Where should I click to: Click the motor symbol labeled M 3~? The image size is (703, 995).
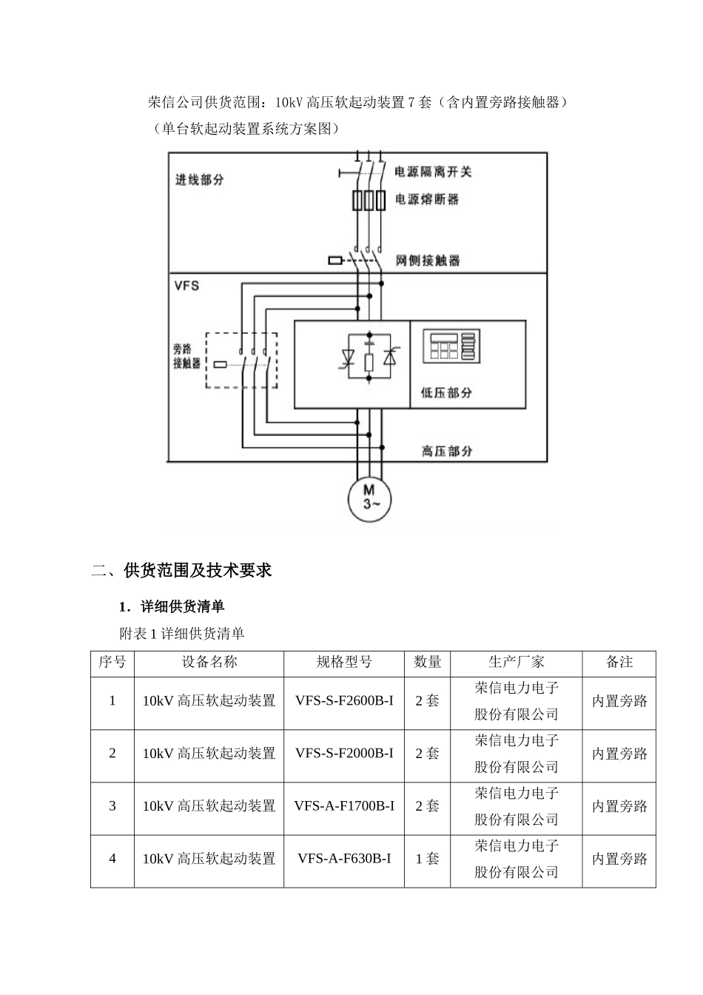pos(369,497)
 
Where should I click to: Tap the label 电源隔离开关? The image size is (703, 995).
pos(433,172)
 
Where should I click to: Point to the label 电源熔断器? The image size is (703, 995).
pos(427,199)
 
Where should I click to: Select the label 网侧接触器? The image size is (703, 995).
pos(428,261)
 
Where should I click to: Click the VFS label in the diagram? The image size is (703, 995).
pos(186,285)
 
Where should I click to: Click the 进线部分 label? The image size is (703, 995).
pos(200,179)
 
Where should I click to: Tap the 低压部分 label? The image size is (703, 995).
pos(446,392)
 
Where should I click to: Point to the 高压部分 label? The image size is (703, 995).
pos(447,450)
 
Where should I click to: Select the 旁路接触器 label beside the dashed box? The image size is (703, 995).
pos(187,356)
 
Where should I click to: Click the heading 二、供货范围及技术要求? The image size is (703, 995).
pos(182,570)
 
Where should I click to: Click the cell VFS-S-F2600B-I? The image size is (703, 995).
pos(344,700)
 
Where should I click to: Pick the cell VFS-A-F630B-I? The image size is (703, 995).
pos(344,859)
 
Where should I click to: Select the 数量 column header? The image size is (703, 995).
pos(427,662)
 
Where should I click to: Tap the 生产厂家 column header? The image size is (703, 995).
pos(516,662)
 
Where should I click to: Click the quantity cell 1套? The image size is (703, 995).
pos(427,859)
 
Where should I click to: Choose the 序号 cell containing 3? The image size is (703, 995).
pos(112,806)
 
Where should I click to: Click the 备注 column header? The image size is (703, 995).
pos(619,662)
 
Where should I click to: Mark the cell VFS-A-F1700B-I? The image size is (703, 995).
pos(344,806)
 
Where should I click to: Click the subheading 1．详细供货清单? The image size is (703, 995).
pos(172,607)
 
